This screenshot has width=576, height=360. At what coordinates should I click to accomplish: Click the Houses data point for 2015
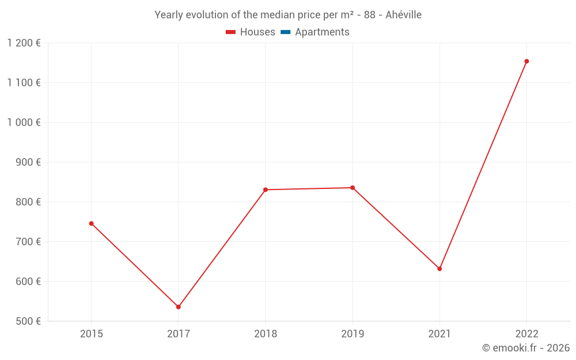coord(91,223)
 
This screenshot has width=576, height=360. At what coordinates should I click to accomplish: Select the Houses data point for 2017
coord(179,307)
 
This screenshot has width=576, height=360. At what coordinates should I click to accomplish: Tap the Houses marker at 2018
coord(266,190)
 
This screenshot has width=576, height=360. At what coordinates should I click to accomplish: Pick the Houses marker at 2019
coord(353,188)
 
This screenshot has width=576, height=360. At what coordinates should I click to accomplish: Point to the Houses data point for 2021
coord(439,269)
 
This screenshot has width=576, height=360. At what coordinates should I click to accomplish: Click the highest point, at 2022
coord(526,61)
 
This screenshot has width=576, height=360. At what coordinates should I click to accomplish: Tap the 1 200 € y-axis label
coord(24,43)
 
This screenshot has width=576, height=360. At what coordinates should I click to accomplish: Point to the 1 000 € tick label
coord(24,123)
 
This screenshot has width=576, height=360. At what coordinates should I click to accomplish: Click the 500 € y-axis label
coord(28,321)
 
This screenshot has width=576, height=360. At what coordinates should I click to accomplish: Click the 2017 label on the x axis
coord(179,334)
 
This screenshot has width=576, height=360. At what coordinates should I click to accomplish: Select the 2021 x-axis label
coord(439,334)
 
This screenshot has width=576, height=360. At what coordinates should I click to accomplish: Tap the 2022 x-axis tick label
coord(526,334)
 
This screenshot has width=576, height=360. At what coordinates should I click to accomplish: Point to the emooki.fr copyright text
coord(525,348)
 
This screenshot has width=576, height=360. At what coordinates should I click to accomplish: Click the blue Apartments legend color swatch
coord(285,32)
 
